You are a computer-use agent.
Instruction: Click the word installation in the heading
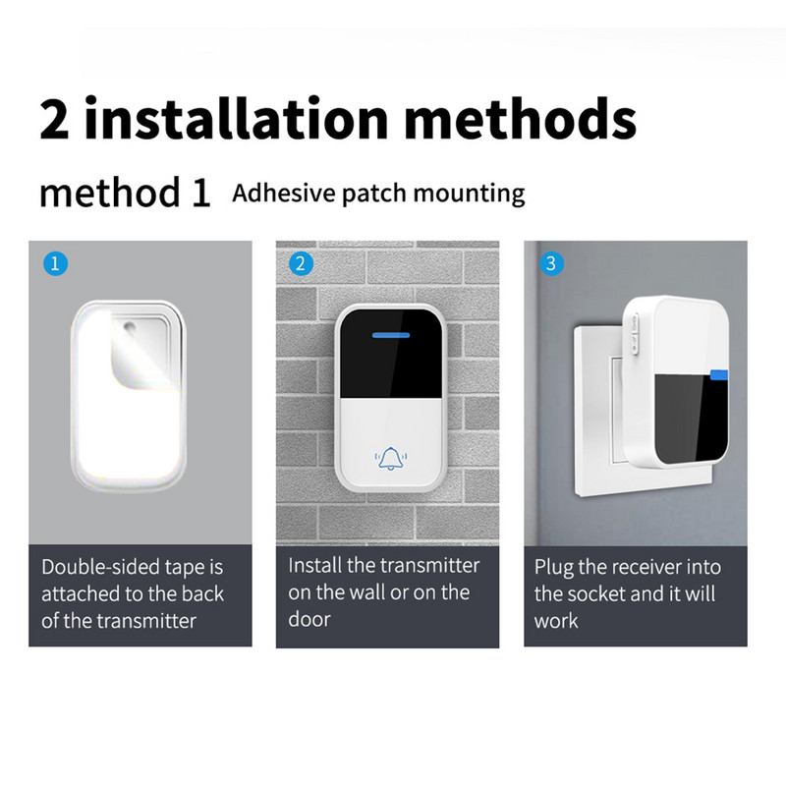coord(237,119)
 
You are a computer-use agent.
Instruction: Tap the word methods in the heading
coord(520,119)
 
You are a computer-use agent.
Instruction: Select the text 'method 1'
coord(125,193)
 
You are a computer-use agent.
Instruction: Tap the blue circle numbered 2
coord(302,263)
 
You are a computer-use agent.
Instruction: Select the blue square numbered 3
coord(550,263)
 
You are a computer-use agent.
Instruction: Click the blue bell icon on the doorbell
coord(390,458)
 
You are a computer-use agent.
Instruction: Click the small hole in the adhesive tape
coord(129,325)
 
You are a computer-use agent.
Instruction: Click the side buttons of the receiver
coord(634,330)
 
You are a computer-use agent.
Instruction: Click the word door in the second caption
coord(309,620)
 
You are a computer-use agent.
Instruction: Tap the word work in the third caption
coord(557,621)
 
